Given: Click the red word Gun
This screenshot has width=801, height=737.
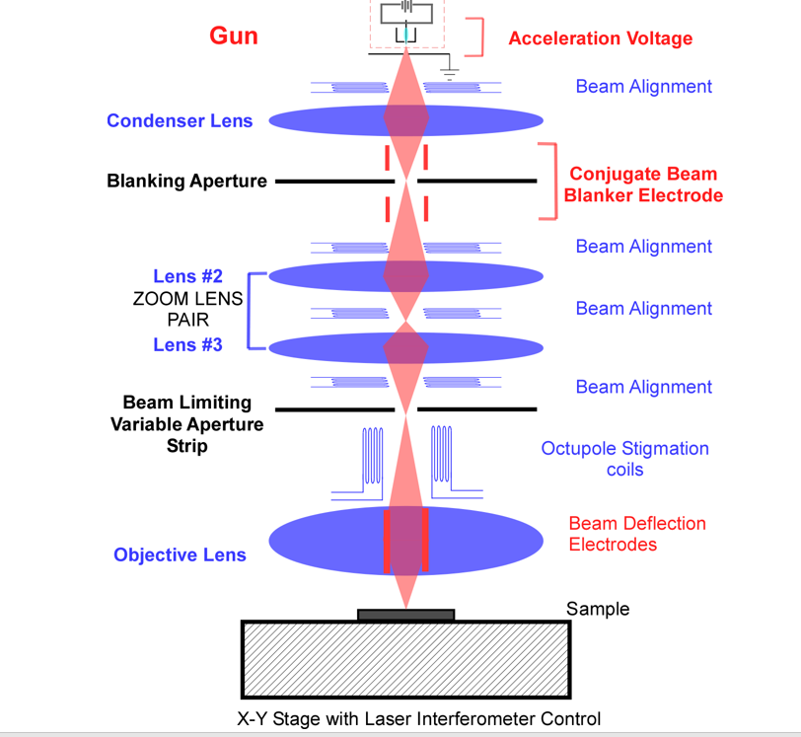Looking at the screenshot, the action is [x=234, y=36].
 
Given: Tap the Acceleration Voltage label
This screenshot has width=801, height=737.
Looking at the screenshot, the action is [x=600, y=38].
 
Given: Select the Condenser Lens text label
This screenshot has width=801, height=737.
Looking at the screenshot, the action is [x=180, y=120].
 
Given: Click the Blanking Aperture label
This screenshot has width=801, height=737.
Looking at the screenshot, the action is [x=186, y=181].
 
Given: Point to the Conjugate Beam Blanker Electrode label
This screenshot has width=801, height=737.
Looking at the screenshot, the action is [x=643, y=184].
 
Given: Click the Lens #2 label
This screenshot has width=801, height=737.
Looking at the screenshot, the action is [x=188, y=276].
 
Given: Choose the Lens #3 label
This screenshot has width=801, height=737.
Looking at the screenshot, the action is [x=188, y=345].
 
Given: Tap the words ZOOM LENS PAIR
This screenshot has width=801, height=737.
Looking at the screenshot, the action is [x=188, y=309].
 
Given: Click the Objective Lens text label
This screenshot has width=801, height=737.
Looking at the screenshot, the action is [x=180, y=555].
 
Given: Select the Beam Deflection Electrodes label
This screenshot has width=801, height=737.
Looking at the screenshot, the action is [x=637, y=534].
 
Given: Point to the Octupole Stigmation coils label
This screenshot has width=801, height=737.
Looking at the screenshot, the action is [x=624, y=459].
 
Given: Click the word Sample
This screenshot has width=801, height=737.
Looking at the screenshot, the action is [x=598, y=609].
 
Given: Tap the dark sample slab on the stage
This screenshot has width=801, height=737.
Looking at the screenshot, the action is [x=406, y=615].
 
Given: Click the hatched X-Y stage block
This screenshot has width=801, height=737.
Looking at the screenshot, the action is [x=406, y=660].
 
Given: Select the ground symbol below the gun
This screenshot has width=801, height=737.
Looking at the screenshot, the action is [x=450, y=75].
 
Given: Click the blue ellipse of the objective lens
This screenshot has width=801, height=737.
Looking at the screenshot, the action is [x=327, y=541].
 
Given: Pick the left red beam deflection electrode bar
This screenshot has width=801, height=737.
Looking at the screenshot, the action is [x=387, y=541].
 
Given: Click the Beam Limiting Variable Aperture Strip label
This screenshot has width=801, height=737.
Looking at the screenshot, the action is [x=187, y=424].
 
